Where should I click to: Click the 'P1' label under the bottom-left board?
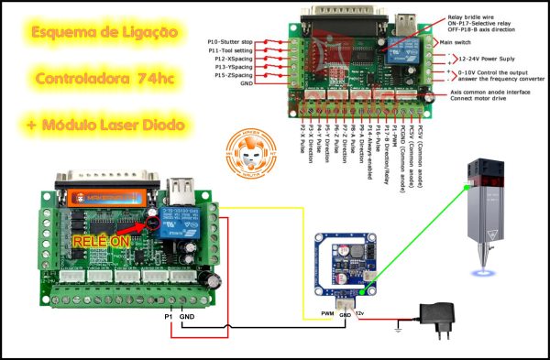pyautogui.click(x=169, y=317)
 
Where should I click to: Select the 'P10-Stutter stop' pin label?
pyautogui.click(x=230, y=42)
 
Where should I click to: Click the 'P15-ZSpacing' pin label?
pyautogui.click(x=232, y=75)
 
